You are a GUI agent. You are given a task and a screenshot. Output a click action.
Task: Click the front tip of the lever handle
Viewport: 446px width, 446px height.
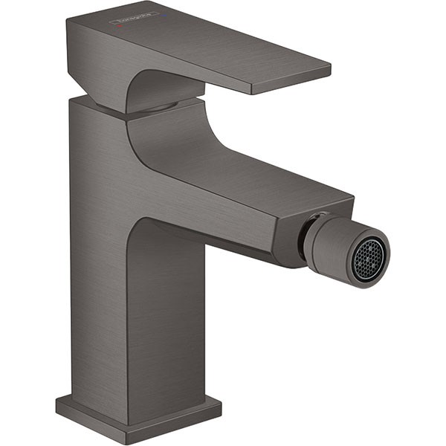coord(327,72)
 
